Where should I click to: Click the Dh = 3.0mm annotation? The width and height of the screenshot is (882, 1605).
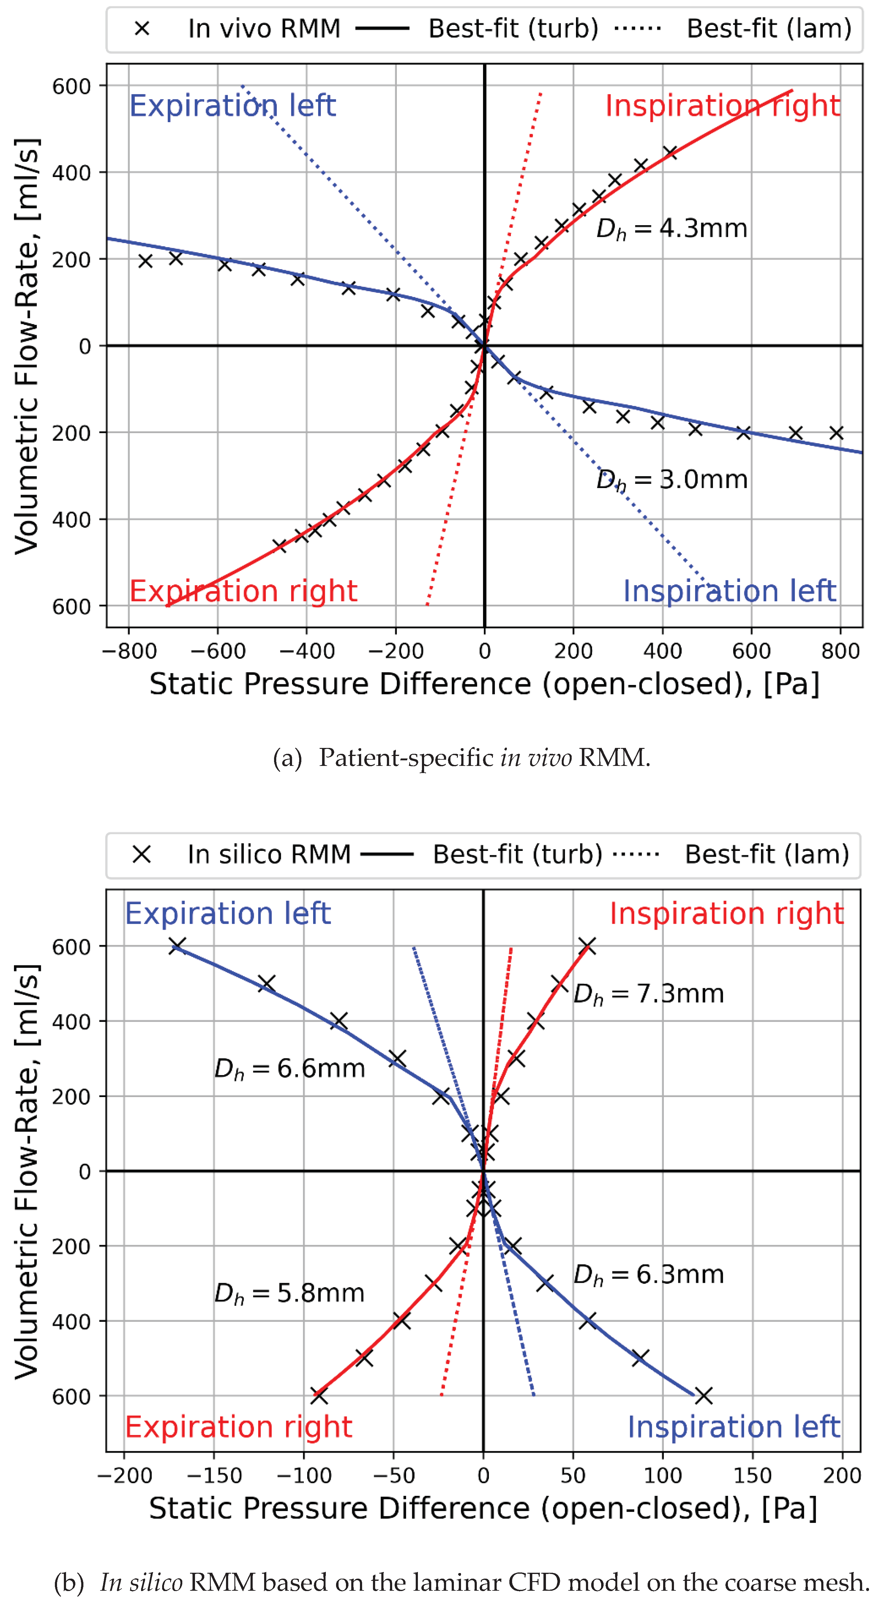pyautogui.click(x=671, y=480)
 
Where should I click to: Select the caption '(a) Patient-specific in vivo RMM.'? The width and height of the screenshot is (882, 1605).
pyautogui.click(x=462, y=758)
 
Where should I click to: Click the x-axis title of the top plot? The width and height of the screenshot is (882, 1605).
pyautogui.click(x=484, y=684)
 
